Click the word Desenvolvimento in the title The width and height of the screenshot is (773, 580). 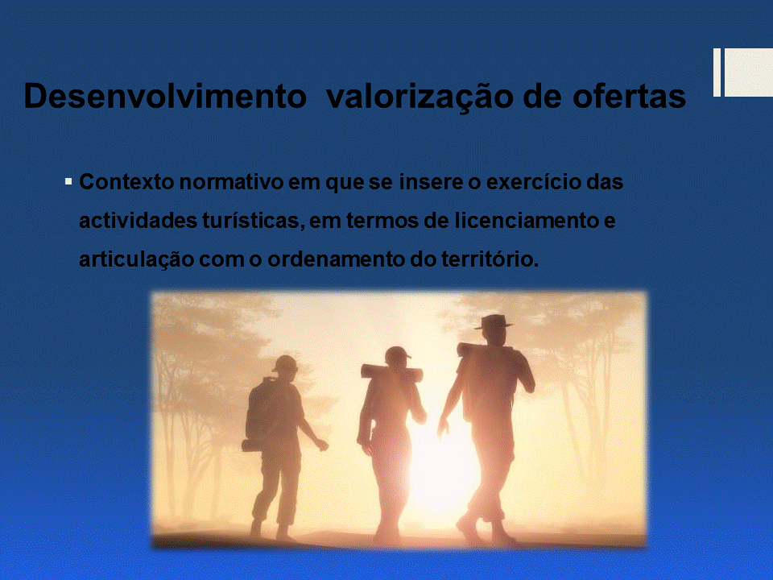[165, 96]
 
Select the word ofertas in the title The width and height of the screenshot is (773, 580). [629, 96]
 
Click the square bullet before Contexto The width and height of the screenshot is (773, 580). [68, 182]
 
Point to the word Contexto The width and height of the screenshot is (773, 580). [126, 182]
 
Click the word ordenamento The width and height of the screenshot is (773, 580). [336, 259]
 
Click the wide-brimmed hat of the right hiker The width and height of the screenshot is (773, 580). [494, 321]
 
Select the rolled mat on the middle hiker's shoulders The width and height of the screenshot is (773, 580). [391, 373]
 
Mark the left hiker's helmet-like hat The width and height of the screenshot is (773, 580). [285, 363]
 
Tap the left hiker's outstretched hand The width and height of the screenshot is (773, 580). [322, 445]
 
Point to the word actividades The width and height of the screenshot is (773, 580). [138, 221]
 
